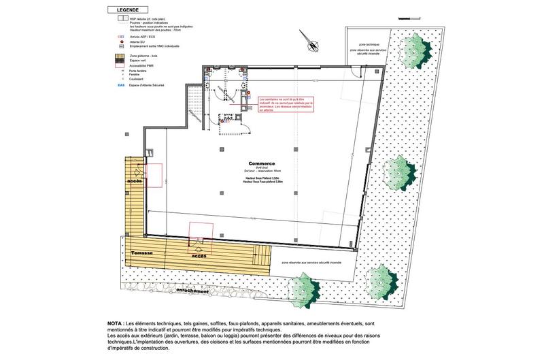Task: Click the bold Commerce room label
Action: (x=261, y=164)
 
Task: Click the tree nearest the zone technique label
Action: (x=413, y=49)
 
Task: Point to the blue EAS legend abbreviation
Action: (x=120, y=86)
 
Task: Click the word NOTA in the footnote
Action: (x=115, y=323)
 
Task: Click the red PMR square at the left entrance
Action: (x=153, y=175)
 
